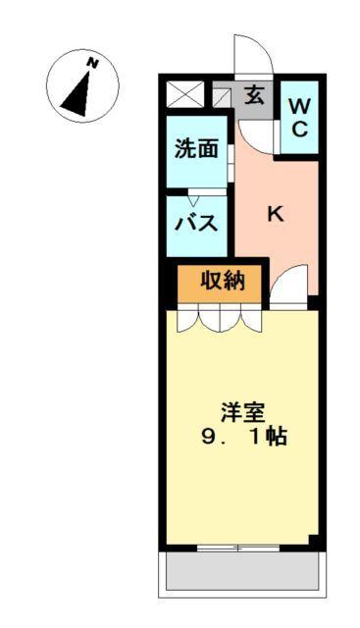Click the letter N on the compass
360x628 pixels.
[x=92, y=63]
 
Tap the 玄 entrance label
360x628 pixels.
[x=253, y=96]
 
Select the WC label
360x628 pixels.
[x=300, y=116]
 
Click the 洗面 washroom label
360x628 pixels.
[x=195, y=149]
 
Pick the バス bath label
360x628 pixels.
[x=197, y=223]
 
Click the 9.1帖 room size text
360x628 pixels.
[x=243, y=438]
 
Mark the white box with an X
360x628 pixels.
[x=183, y=95]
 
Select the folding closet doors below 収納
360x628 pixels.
[x=221, y=318]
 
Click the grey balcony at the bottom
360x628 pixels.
[x=240, y=570]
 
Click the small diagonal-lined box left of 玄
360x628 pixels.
[x=221, y=96]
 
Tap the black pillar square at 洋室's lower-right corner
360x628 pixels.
[x=313, y=541]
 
